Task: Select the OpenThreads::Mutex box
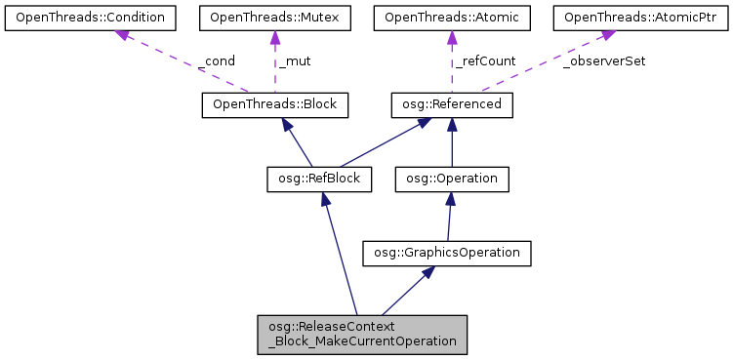(274, 17)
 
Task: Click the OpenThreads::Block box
(274, 103)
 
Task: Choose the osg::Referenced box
(451, 103)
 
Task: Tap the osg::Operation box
(451, 179)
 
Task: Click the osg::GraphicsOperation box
(446, 254)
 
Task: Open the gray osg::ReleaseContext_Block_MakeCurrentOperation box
(362, 335)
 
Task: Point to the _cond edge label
(217, 60)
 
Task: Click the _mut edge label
(295, 60)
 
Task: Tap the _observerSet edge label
(604, 60)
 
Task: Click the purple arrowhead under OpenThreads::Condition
(121, 36)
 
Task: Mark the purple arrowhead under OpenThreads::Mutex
(274, 37)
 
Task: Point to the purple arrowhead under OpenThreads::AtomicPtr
(606, 35)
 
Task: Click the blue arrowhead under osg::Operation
(450, 199)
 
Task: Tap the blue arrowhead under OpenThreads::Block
(285, 124)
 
